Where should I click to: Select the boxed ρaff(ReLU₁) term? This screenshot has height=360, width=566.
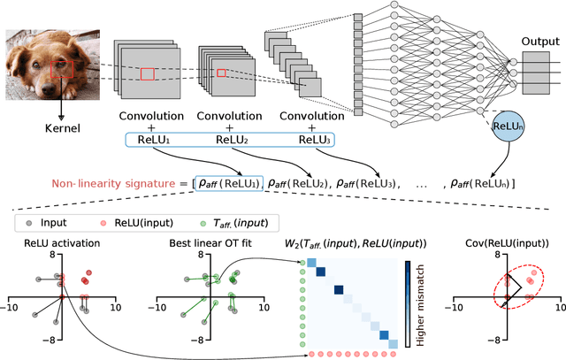point(228,184)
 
